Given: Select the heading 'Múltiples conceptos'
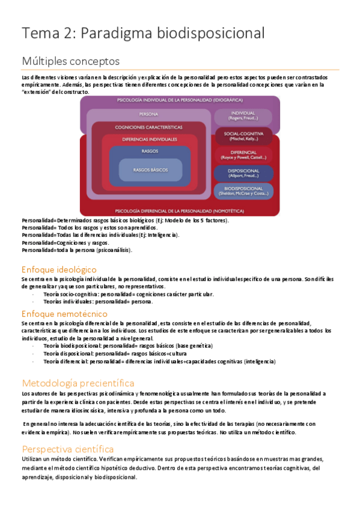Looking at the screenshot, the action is (70, 61).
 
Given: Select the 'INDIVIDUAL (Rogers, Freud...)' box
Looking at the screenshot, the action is (243, 116).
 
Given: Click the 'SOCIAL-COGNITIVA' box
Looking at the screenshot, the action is (243, 136).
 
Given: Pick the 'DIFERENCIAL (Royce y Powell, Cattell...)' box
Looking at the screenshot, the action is (243, 155).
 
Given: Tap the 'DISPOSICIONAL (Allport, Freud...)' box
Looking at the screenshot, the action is (243, 174).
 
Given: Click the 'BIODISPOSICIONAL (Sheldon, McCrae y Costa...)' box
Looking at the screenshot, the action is (243, 192).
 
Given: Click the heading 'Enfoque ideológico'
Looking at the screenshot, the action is (59, 269).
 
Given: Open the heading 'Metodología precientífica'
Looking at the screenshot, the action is (78, 382).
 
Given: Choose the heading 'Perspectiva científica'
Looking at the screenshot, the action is (68, 449).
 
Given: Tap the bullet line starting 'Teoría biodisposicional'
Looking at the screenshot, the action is (127, 346).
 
